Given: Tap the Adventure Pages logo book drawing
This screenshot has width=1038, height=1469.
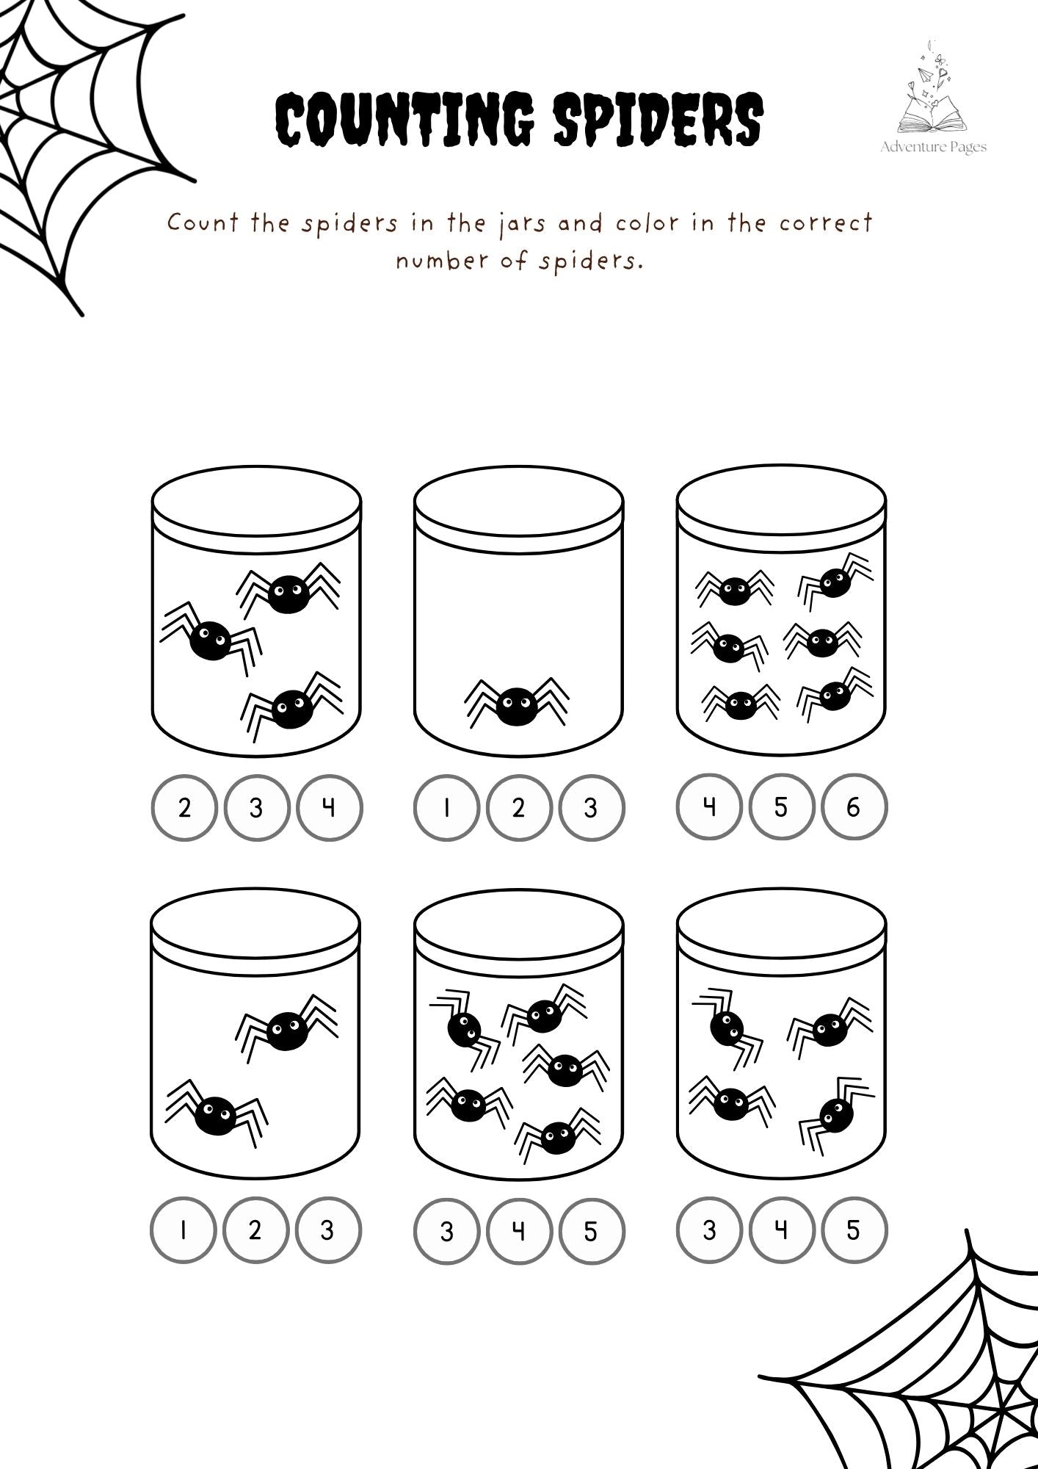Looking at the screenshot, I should (x=932, y=110).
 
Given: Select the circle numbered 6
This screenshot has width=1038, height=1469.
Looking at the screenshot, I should (x=854, y=807).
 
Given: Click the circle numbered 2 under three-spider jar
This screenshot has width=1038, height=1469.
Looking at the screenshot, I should (x=184, y=807).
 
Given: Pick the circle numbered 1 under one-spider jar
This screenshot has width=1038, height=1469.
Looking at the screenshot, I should (x=446, y=807).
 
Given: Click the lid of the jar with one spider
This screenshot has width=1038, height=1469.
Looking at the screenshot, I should (x=518, y=499).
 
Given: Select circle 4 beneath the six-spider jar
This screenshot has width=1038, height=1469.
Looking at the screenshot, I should (x=708, y=807).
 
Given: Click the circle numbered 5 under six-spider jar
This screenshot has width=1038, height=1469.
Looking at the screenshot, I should (x=781, y=807).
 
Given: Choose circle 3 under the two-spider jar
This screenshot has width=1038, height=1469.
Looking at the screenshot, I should (x=327, y=1230).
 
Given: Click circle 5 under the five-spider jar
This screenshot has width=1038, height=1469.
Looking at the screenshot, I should (x=591, y=1230).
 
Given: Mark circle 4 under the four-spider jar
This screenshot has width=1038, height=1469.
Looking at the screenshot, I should (x=781, y=1230).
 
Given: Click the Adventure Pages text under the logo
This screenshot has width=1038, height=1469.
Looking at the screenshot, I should (x=933, y=147).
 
